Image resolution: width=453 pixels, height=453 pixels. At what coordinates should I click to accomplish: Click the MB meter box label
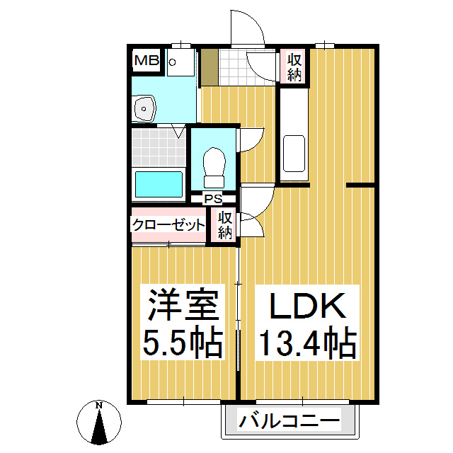pos(147,61)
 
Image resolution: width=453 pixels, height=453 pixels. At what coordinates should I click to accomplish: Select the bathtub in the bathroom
pos(159,185)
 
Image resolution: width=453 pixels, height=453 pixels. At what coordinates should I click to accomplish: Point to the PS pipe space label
pos(213,199)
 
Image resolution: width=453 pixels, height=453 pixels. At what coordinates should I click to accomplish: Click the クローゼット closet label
pos(168,225)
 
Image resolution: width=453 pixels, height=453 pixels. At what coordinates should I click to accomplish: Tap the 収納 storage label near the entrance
pos(294,67)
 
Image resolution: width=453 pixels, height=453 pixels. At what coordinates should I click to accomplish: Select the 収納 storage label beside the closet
pos(226,225)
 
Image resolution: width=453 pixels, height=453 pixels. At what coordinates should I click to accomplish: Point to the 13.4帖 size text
pos(305,345)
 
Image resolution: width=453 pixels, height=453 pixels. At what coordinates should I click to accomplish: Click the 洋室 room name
pos(180,306)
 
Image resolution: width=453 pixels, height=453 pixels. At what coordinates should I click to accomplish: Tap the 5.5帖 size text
pos(180,343)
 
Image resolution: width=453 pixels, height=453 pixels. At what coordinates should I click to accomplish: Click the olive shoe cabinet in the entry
pos(209,67)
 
